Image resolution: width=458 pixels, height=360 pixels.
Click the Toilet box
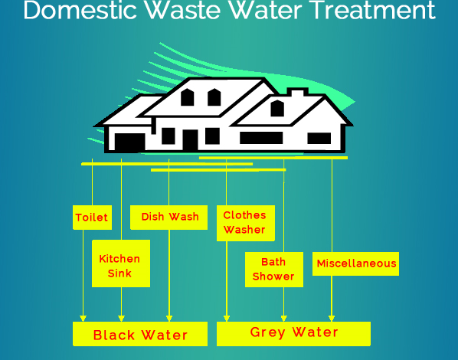93,218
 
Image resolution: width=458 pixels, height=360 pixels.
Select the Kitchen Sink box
121,263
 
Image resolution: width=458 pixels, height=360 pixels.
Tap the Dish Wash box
168,218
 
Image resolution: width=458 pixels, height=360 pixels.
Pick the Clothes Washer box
246,223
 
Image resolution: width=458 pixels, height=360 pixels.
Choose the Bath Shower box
274,270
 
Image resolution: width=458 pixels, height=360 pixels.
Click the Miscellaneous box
356,263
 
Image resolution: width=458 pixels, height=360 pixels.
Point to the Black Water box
140,334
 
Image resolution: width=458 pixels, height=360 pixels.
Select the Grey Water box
293,334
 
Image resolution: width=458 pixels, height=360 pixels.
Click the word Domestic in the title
80,10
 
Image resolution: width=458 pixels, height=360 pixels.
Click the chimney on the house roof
298,92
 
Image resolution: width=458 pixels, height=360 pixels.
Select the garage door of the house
130,142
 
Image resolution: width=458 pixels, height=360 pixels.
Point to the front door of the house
191,140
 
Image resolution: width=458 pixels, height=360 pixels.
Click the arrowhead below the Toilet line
83,319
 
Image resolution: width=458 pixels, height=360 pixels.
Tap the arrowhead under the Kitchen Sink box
121,319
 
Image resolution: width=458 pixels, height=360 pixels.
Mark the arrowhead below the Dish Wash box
169,319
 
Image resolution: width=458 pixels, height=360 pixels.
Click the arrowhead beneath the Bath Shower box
284,319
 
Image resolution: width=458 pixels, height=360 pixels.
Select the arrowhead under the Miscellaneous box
332,319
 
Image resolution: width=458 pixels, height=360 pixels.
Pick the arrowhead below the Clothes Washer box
227,319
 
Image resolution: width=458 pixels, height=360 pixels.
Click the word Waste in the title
183,10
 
